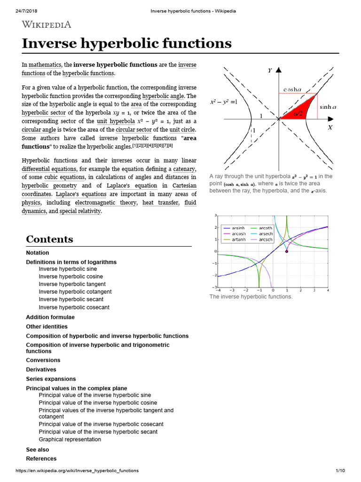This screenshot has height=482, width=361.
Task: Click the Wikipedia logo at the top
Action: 47,24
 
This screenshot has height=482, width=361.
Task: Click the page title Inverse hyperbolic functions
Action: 127,43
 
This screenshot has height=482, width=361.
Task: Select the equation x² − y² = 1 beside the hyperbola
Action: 223,102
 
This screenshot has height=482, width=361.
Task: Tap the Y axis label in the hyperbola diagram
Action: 270,71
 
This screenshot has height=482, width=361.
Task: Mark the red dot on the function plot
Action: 286,251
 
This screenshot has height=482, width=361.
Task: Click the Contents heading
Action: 49,239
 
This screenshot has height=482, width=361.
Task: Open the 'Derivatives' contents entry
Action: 41,370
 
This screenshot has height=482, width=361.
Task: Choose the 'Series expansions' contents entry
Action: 51,379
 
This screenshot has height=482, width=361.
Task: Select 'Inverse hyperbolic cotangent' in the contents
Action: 75,292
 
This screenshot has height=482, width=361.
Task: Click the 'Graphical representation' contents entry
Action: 70,439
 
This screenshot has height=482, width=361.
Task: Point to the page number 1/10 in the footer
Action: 340,471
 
